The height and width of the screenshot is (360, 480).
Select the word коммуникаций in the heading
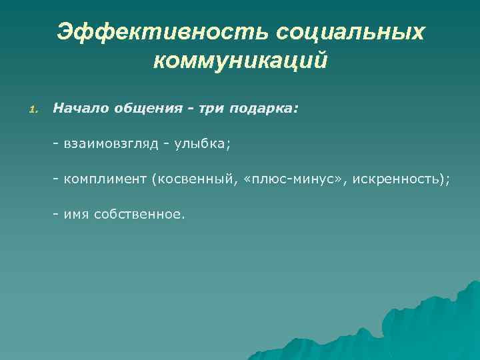click(240, 61)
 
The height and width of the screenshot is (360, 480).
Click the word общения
click(145, 108)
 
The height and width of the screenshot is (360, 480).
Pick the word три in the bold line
click(211, 108)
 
